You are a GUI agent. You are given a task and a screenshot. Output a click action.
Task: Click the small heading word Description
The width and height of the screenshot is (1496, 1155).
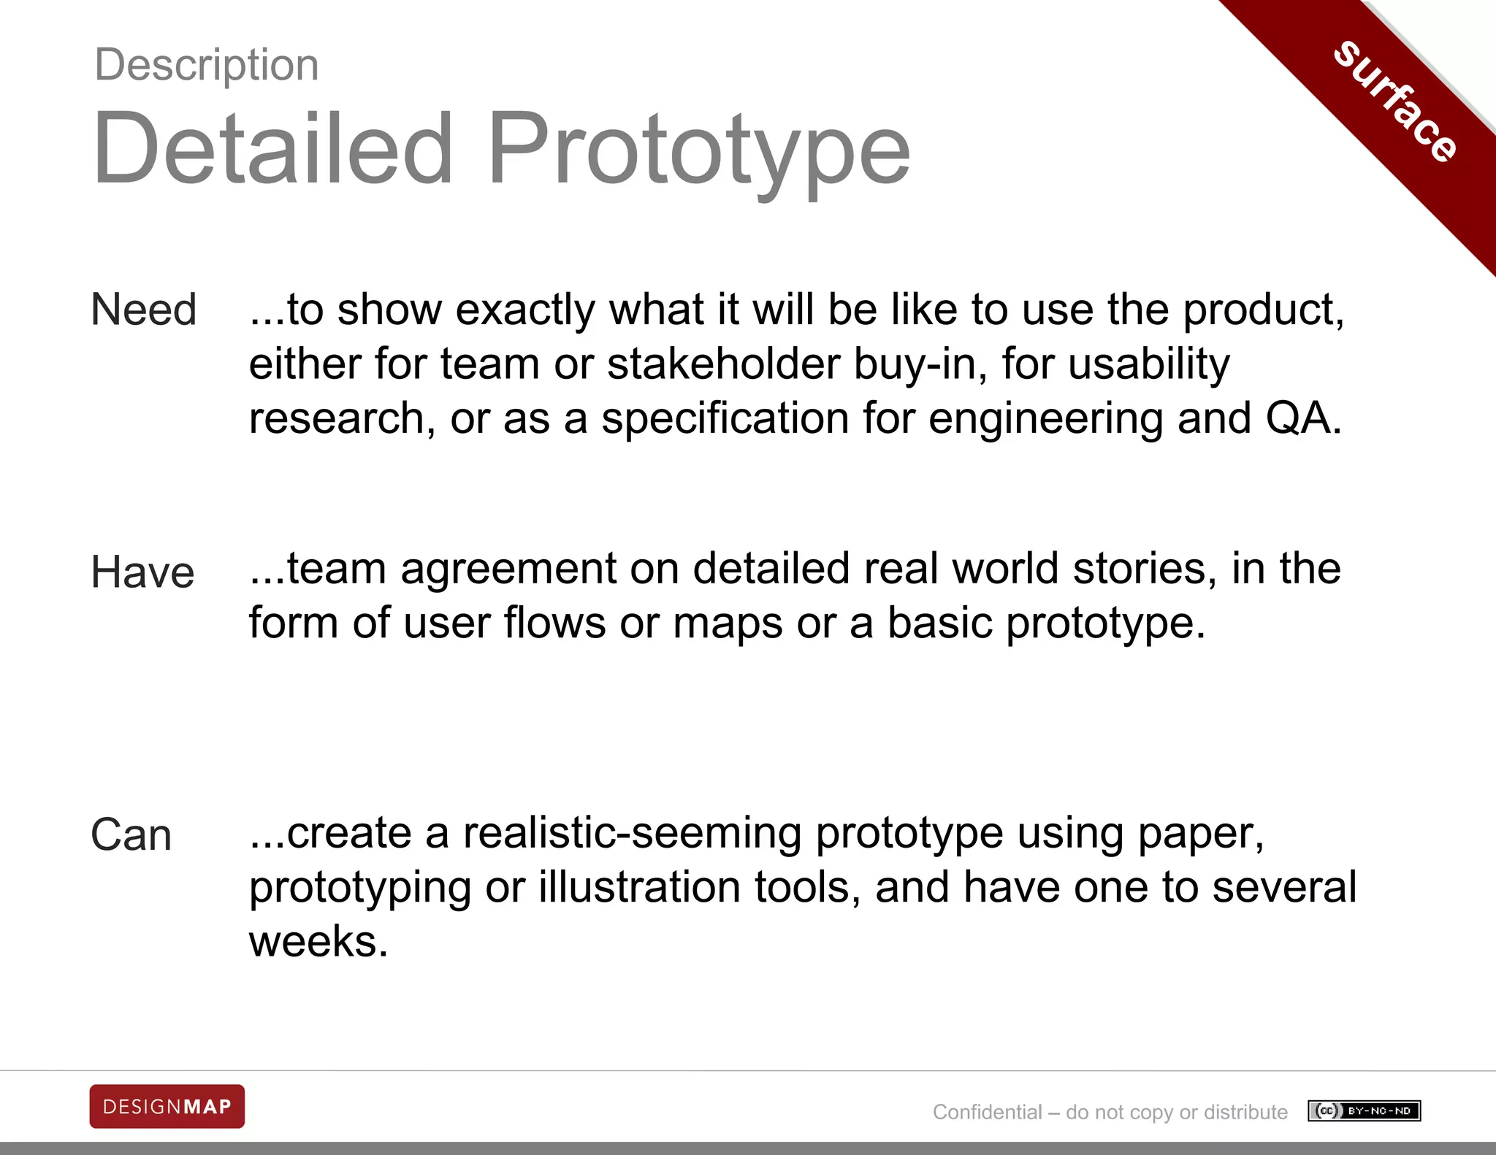click(x=207, y=65)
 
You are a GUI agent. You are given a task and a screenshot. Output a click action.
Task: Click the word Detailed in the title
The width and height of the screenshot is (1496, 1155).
click(x=273, y=149)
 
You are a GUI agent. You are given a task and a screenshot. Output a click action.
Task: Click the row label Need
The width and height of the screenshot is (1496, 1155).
click(x=144, y=309)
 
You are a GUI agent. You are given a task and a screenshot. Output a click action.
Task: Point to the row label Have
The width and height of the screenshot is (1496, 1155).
click(x=143, y=572)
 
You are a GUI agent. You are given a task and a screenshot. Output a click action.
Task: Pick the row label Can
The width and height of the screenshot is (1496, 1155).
click(x=131, y=834)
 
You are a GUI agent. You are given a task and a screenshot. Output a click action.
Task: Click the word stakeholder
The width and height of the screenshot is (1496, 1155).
click(x=723, y=364)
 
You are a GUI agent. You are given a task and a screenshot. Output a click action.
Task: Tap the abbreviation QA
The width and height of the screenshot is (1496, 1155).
click(x=1303, y=418)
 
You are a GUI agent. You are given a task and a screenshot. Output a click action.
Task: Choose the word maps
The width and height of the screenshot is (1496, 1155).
click(x=728, y=624)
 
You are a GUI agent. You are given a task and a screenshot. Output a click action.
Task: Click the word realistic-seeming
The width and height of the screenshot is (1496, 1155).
click(x=633, y=833)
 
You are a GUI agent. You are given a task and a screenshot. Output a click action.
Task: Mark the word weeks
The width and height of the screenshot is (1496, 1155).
click(x=318, y=942)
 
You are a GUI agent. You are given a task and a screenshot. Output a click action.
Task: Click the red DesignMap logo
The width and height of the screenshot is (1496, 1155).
click(x=167, y=1107)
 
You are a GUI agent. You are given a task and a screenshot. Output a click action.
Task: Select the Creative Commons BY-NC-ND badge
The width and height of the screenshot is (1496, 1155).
click(x=1364, y=1111)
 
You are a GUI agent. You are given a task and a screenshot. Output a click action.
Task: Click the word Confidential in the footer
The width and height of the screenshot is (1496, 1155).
click(x=987, y=1112)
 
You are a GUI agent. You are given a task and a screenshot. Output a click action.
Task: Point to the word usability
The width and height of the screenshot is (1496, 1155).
click(x=1149, y=365)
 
